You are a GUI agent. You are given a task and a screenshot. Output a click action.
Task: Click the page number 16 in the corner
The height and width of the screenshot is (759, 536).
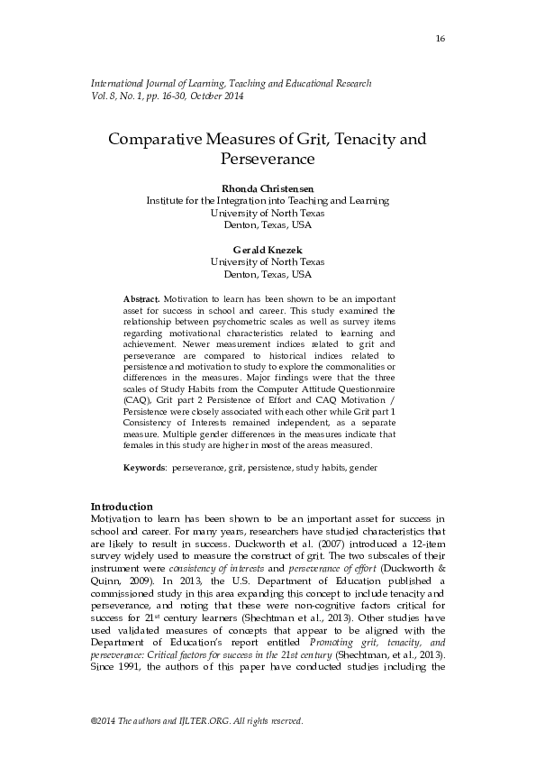point(440,37)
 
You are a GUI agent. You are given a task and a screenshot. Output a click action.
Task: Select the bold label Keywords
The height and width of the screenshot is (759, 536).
point(144,468)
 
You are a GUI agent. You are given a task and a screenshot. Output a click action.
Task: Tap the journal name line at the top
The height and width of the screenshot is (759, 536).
point(232,83)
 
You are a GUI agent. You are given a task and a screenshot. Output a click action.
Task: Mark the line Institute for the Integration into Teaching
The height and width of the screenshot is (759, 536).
point(268,200)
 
